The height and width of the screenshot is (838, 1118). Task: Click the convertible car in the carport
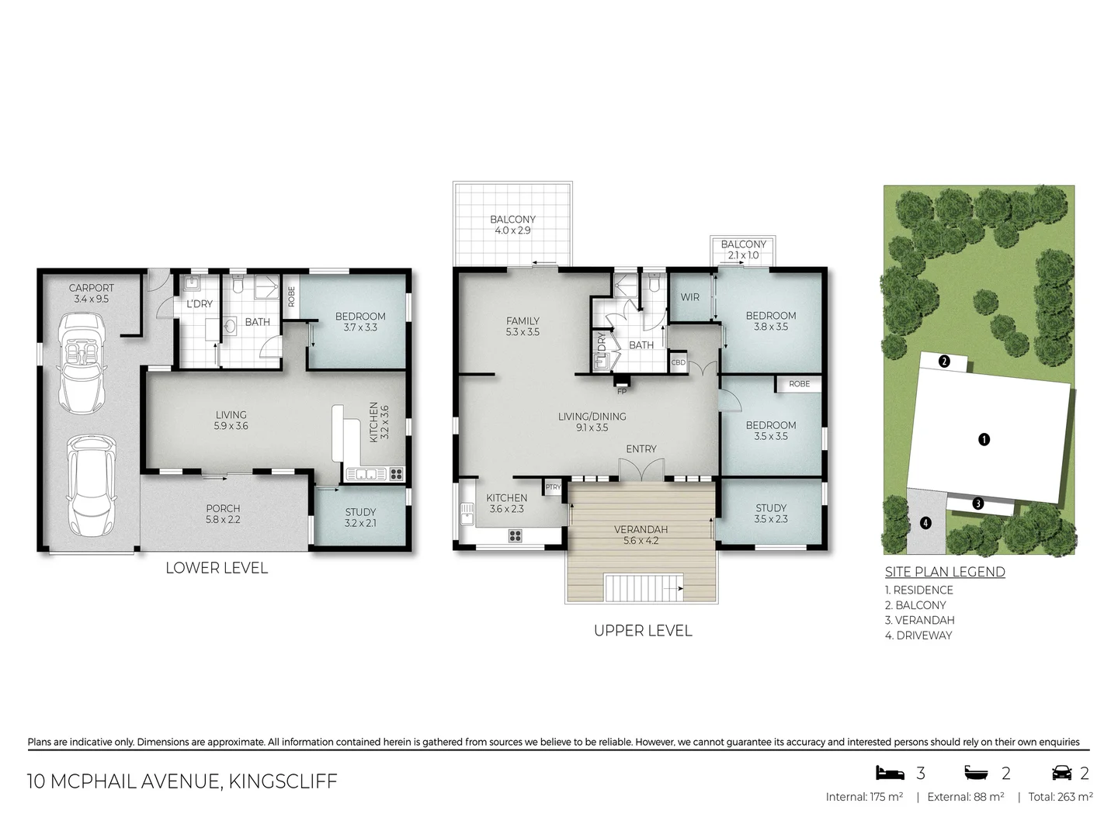coord(81,363)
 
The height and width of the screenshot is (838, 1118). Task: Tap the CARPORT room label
coord(91,288)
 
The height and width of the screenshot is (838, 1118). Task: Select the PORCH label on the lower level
coord(223,508)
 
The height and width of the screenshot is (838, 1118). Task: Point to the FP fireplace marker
coord(621,391)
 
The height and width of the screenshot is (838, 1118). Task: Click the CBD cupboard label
coord(678,362)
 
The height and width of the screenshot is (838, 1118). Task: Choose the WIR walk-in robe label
coord(689,297)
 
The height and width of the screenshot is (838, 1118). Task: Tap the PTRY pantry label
coord(553,487)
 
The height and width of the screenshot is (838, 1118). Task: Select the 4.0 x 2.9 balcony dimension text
coord(512,230)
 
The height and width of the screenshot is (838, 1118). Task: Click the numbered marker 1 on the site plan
coord(984,439)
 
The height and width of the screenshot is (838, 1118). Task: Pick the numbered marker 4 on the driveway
coord(925,523)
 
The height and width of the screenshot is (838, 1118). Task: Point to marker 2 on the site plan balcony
coord(943,361)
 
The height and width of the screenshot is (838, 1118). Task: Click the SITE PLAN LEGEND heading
coord(945,572)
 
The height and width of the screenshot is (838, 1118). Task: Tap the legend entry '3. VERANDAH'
coord(919,620)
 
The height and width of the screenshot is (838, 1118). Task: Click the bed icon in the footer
coord(890,773)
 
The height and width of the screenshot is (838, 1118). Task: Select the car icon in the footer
coord(1061,773)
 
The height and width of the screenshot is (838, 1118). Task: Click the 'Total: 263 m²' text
coord(1060,797)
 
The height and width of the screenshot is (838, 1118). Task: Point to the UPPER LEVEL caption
coord(642,631)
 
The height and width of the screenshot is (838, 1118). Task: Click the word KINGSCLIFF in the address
coord(283,781)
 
